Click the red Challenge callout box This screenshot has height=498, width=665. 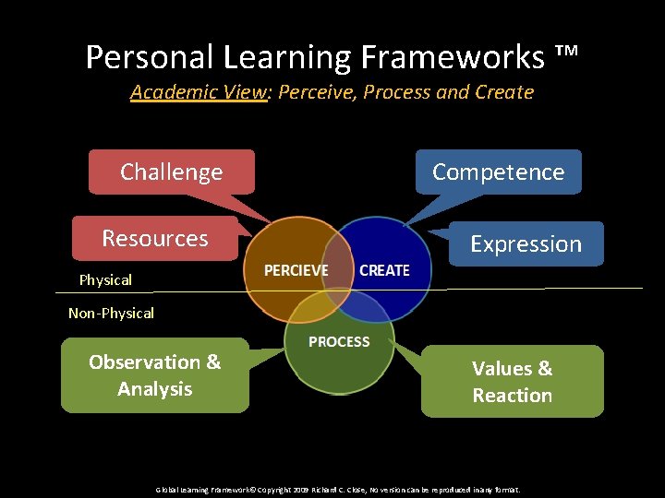coord(172,172)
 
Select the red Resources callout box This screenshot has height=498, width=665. coord(155,239)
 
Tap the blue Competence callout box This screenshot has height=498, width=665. coord(498,172)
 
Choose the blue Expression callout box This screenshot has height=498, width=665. coord(526,244)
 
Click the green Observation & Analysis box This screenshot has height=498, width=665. coord(155,375)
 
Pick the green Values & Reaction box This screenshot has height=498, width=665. coord(512,382)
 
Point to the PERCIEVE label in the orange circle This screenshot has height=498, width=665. coord(296,270)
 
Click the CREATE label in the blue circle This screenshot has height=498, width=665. coord(383,270)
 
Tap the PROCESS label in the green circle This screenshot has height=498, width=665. coord(339,342)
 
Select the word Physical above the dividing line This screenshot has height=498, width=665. coord(105,279)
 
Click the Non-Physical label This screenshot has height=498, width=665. coord(111,314)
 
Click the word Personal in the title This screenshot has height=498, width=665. coord(150,57)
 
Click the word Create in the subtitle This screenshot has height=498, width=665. coord(504,92)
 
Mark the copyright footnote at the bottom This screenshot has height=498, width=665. coord(338,490)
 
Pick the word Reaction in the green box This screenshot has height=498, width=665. coord(512,396)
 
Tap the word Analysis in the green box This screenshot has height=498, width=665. coord(155,389)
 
